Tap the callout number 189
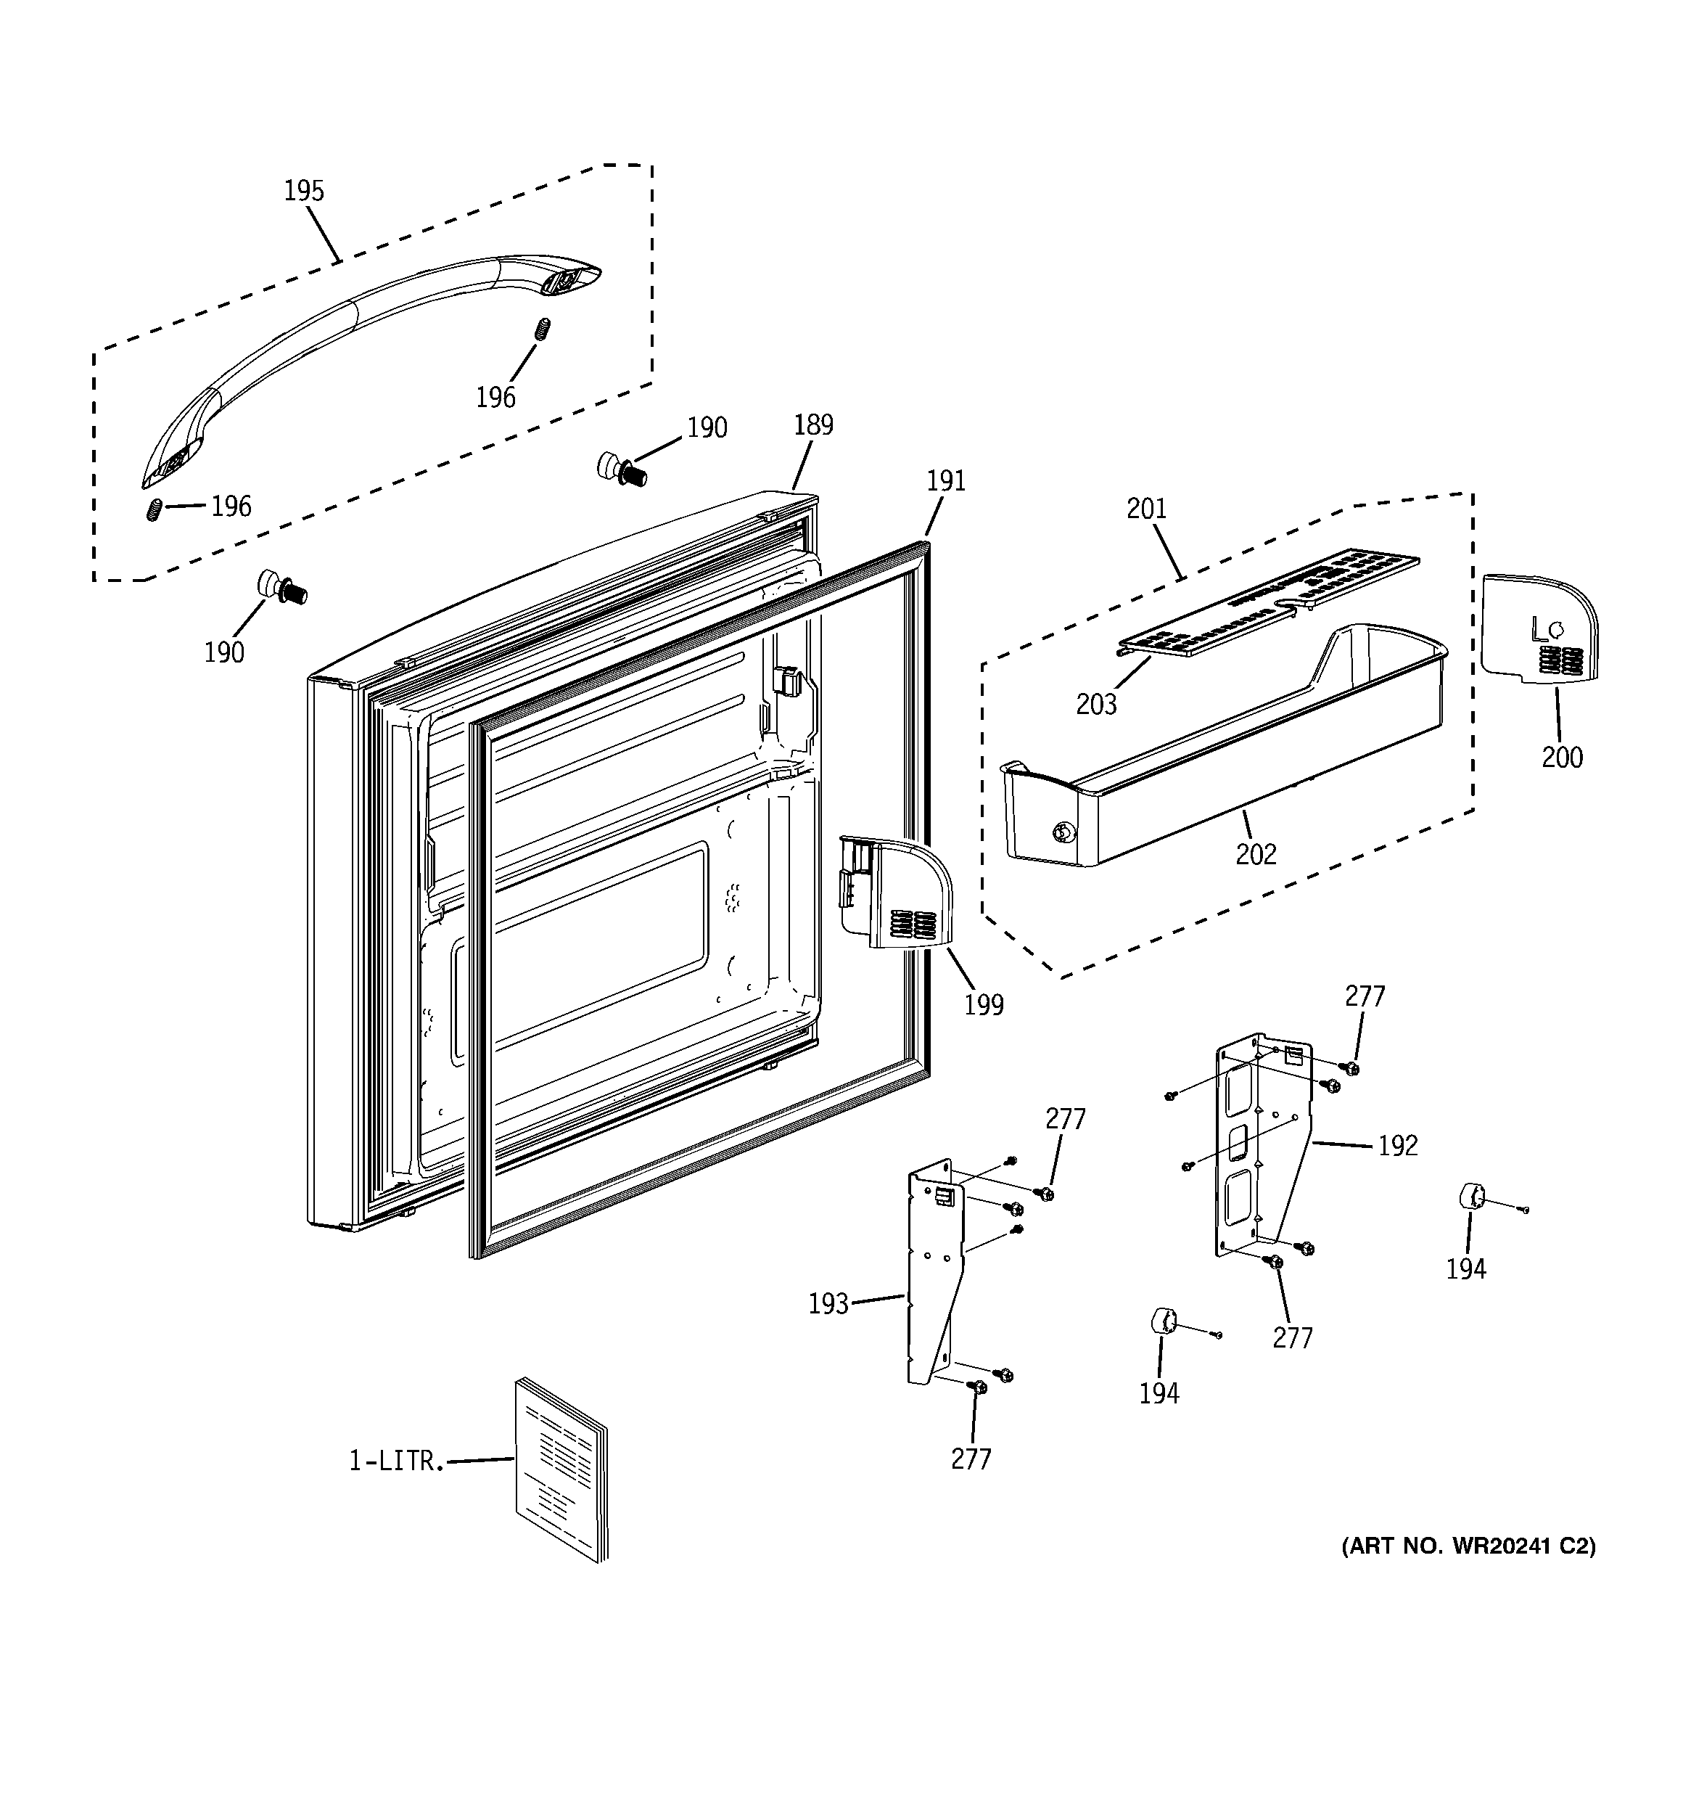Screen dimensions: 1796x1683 [x=813, y=425]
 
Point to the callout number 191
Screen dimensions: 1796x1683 [x=946, y=480]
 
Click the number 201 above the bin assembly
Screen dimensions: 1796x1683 [x=1146, y=509]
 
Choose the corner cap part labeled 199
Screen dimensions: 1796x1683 [x=899, y=895]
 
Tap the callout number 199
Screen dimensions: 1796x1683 [x=984, y=1004]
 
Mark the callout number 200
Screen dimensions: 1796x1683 [x=1562, y=757]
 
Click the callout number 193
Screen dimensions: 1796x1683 [x=828, y=1303]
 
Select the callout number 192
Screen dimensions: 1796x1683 [x=1397, y=1146]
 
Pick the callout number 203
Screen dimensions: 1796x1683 [x=1096, y=704]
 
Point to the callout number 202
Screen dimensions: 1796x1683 [x=1256, y=853]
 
